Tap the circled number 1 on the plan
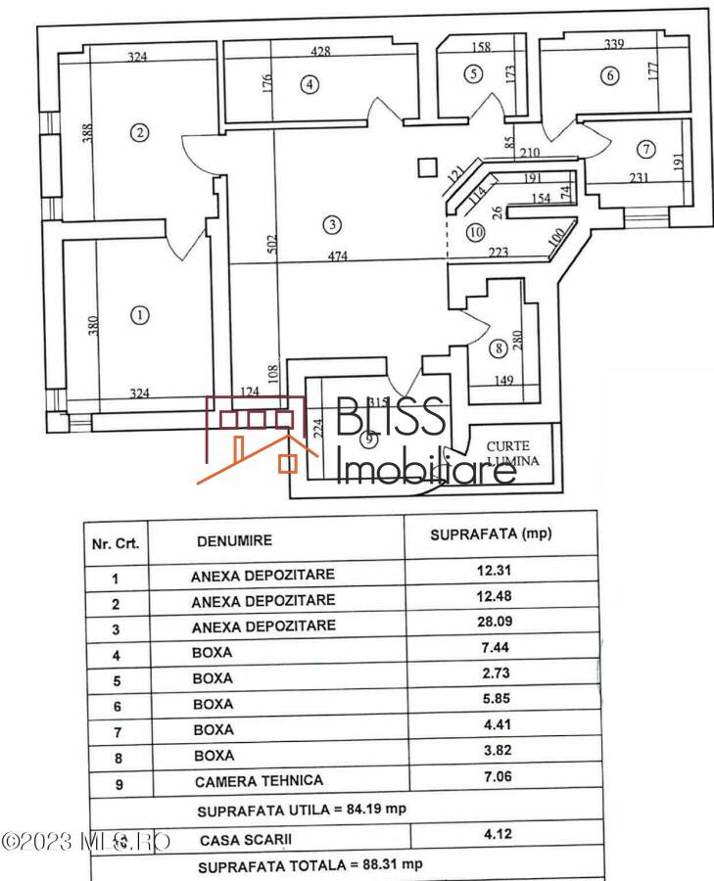[x=139, y=314]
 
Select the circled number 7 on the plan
[x=644, y=149]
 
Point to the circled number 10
[x=475, y=232]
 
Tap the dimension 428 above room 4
[x=320, y=50]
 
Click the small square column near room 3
[x=425, y=167]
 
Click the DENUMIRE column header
[x=235, y=540]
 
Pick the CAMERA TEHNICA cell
[x=260, y=781]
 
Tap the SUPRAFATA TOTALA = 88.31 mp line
[x=310, y=866]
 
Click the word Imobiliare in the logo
[x=426, y=469]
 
